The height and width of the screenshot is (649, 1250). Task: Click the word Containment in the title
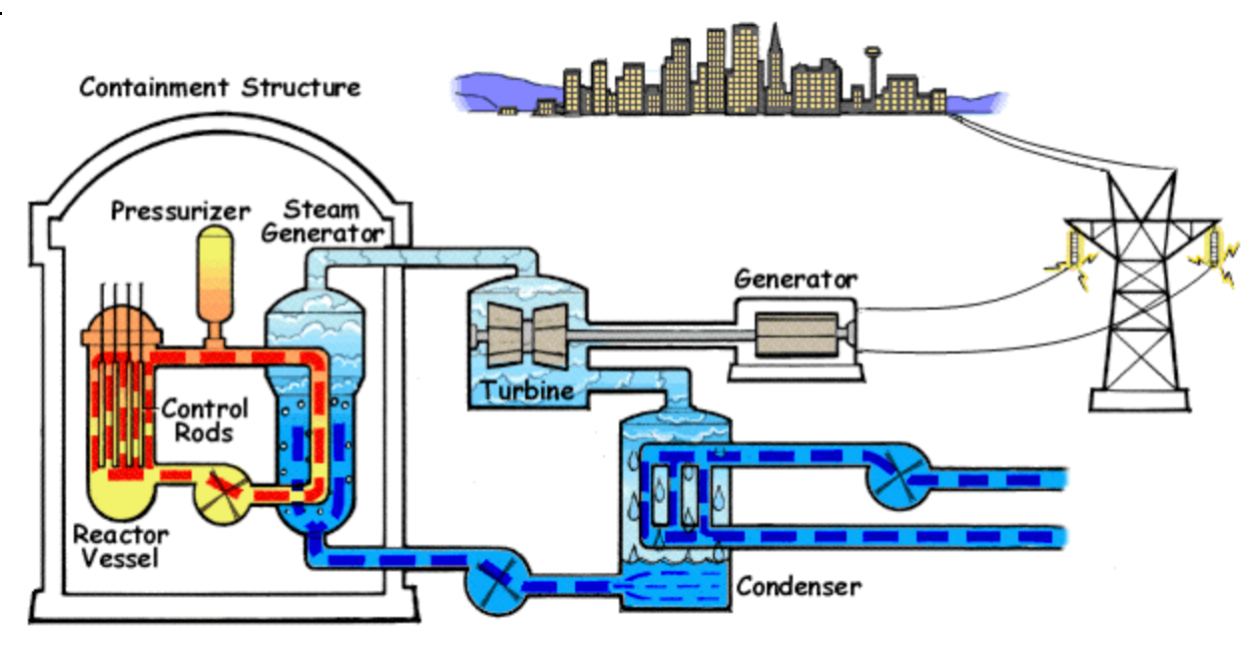pyautogui.click(x=154, y=88)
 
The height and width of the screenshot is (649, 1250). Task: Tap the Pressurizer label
pyautogui.click(x=181, y=211)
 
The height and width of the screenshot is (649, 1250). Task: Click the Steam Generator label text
pyautogui.click(x=322, y=222)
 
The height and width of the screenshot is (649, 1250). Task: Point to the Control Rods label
pyautogui.click(x=205, y=420)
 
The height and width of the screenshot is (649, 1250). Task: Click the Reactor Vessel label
pyautogui.click(x=121, y=546)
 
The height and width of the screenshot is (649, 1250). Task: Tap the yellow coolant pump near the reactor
pyautogui.click(x=224, y=494)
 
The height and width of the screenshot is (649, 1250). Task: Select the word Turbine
pyautogui.click(x=527, y=390)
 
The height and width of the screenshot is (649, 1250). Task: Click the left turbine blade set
pyautogui.click(x=505, y=334)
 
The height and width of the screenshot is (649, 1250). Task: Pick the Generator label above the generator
pyautogui.click(x=795, y=279)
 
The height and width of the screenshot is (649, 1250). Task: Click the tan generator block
pyautogui.click(x=797, y=333)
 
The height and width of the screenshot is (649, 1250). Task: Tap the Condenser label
pyautogui.click(x=799, y=586)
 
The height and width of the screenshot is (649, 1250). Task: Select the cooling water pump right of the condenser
pyautogui.click(x=898, y=477)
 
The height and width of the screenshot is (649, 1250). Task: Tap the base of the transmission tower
pyautogui.click(x=1139, y=400)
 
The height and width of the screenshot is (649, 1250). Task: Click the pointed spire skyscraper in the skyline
pyautogui.click(x=775, y=67)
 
